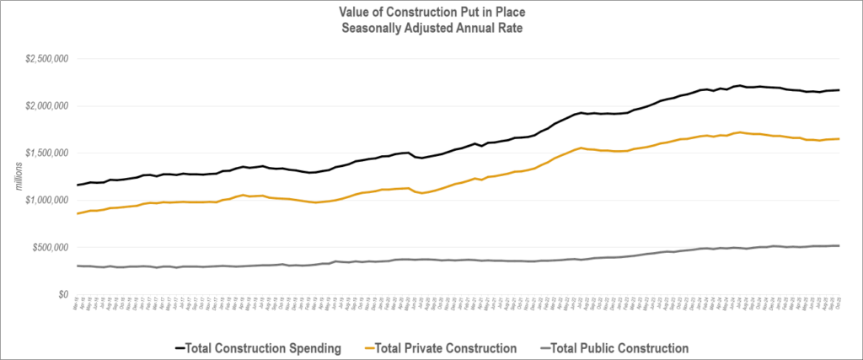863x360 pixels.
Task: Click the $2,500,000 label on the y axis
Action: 46,59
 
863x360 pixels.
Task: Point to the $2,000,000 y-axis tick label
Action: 46,106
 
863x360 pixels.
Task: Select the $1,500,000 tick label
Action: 46,153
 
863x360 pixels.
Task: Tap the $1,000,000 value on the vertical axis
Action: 46,201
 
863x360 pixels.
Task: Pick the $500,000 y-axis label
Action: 50,248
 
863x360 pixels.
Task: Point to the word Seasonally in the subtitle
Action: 380,27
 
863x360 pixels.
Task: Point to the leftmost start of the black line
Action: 77,185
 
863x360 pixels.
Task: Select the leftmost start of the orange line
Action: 77,213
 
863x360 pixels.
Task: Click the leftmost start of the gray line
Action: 77,266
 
